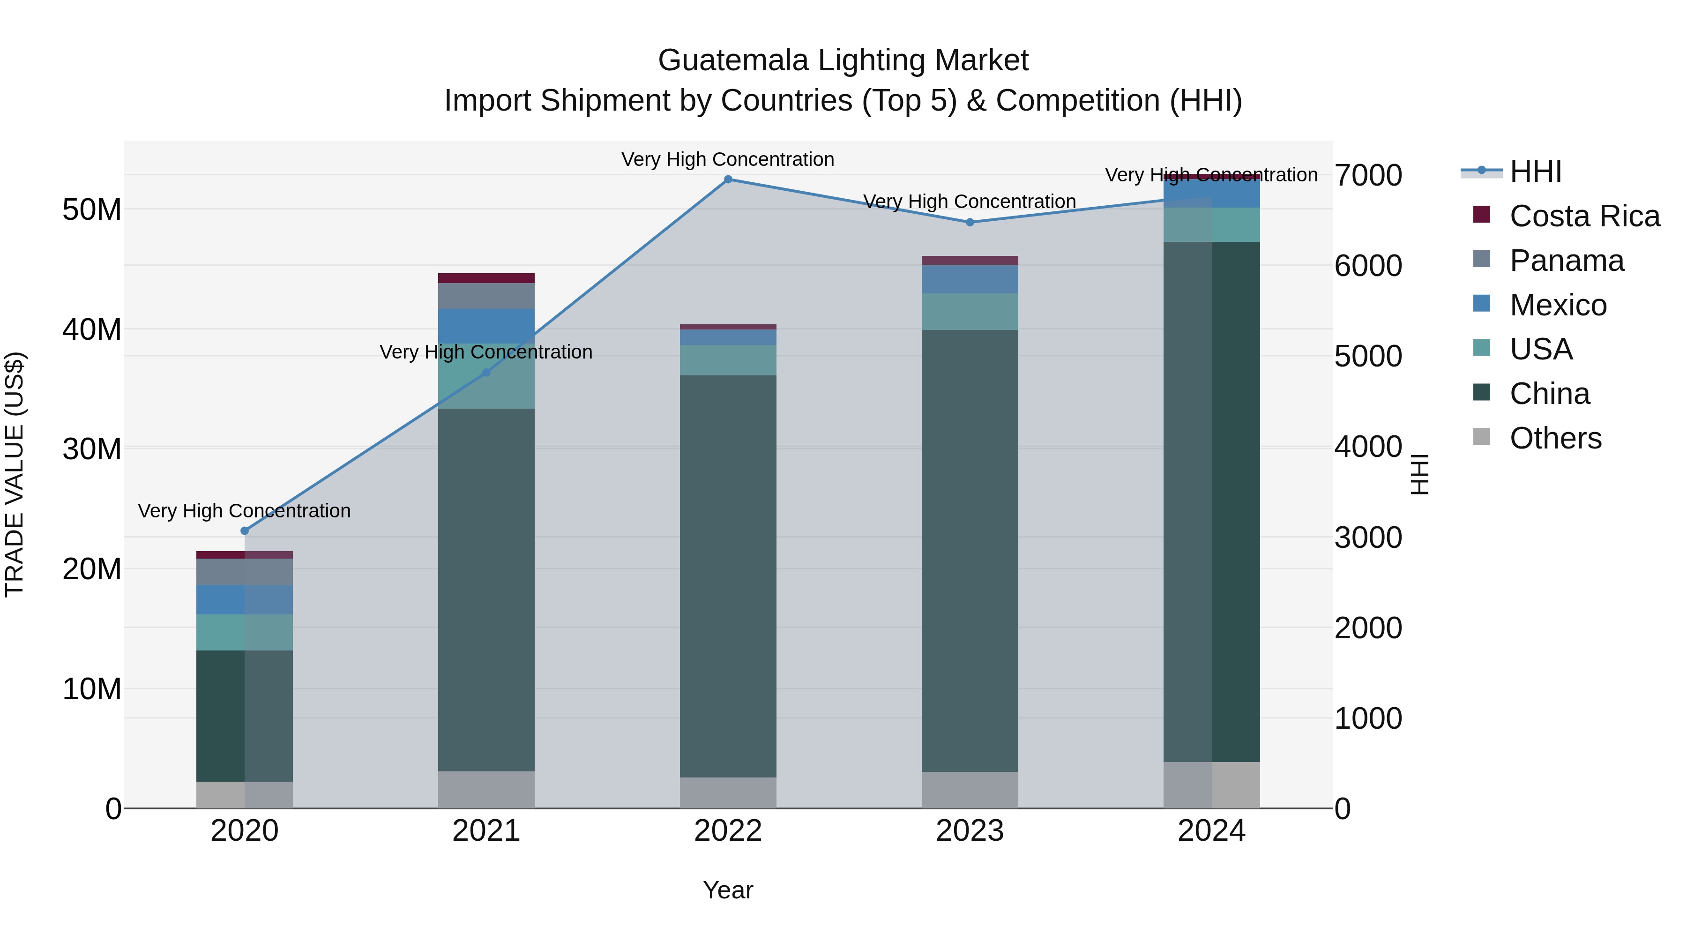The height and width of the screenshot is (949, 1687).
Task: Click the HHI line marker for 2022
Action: [728, 179]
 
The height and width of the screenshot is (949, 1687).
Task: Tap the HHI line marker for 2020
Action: [245, 531]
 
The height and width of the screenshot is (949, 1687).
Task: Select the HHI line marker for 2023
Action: [970, 222]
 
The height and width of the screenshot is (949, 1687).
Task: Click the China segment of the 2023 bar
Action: [970, 550]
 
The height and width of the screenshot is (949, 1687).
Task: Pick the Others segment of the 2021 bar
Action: [486, 789]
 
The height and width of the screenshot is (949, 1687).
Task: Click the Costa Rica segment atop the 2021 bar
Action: [486, 278]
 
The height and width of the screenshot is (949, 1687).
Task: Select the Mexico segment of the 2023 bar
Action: [970, 279]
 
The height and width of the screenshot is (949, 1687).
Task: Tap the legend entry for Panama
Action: [1567, 261]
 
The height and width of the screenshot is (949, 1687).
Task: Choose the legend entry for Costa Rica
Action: [1584, 216]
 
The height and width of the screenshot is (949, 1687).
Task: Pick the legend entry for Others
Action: [1555, 438]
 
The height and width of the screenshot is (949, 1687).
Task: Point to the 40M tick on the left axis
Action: [92, 329]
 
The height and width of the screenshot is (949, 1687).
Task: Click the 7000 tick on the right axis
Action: [1368, 176]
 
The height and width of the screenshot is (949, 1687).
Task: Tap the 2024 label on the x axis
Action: [1211, 831]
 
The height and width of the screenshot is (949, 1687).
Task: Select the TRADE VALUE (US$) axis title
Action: [15, 475]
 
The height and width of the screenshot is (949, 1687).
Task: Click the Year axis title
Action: [728, 890]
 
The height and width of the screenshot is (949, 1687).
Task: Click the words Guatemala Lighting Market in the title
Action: [843, 60]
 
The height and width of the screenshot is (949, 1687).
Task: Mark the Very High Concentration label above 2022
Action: [728, 159]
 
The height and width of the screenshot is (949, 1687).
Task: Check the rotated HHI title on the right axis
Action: [1418, 475]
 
